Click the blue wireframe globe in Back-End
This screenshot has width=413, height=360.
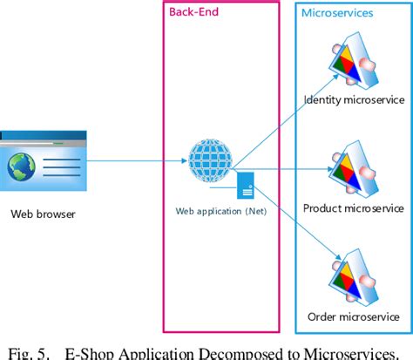coord(210,160)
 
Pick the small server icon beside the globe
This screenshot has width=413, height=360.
coord(245,185)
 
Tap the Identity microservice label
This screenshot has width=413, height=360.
coord(353,101)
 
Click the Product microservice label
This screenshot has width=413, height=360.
coord(353,208)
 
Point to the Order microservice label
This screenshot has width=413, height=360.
coord(353,315)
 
